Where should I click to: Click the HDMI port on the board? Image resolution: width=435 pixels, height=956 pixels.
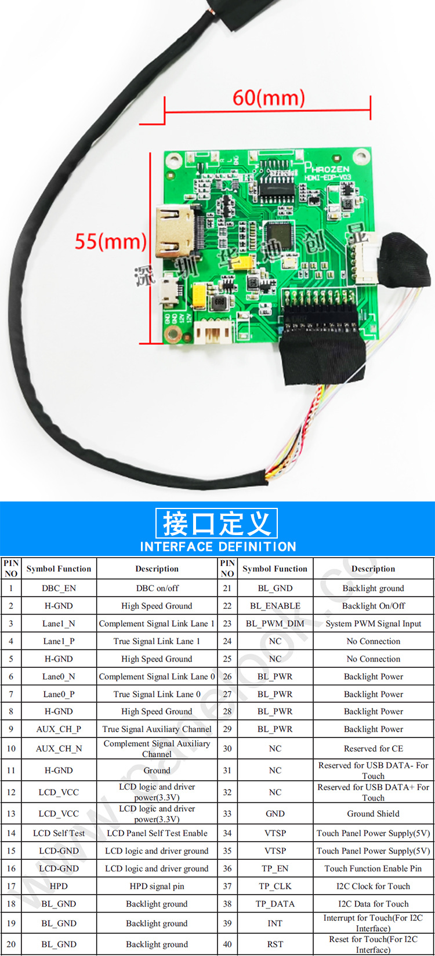175,232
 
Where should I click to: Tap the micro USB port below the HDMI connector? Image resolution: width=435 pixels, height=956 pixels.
170,288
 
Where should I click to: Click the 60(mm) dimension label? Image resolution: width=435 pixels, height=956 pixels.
268,97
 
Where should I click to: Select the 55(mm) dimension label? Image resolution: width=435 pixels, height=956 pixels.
110,241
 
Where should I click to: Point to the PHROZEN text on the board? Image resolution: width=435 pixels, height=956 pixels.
328,169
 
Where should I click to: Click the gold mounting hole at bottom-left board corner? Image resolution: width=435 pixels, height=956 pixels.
172,334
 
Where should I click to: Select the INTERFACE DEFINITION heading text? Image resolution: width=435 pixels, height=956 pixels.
218,546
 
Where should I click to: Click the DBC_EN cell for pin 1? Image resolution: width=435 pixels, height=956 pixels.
59,588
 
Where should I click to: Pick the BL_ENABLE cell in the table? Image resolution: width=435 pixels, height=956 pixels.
275,606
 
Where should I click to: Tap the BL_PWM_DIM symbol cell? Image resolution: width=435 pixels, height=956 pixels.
275,623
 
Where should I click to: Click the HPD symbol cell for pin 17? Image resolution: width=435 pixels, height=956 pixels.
59,886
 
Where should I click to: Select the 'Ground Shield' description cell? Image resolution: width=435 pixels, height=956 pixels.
373,813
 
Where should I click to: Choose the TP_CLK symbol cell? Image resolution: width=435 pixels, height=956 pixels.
275,886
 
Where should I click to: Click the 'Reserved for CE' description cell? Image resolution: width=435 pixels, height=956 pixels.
373,748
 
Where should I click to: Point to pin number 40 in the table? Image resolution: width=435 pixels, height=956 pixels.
227,944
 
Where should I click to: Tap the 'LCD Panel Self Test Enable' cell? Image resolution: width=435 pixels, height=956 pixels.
157,833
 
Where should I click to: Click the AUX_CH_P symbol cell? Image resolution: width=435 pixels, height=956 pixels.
59,729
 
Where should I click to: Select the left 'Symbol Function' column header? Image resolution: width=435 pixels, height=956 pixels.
59,569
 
